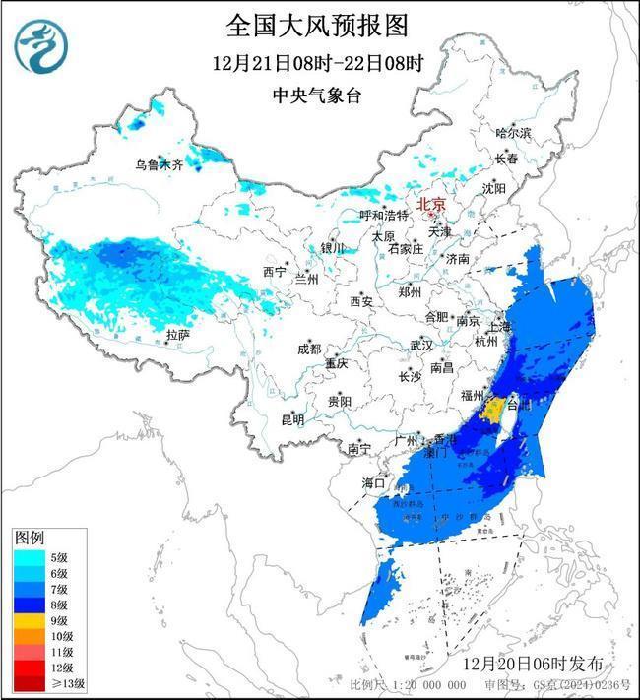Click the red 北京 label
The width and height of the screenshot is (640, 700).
[431, 205]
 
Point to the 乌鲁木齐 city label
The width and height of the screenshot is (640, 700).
[160, 165]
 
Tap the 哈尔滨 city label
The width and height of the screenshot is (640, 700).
[513, 132]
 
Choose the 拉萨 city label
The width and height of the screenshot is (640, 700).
[177, 335]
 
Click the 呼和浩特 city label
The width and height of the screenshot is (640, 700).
[383, 215]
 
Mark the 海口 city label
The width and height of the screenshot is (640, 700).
[373, 482]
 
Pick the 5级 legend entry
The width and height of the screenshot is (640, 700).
[39, 558]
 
